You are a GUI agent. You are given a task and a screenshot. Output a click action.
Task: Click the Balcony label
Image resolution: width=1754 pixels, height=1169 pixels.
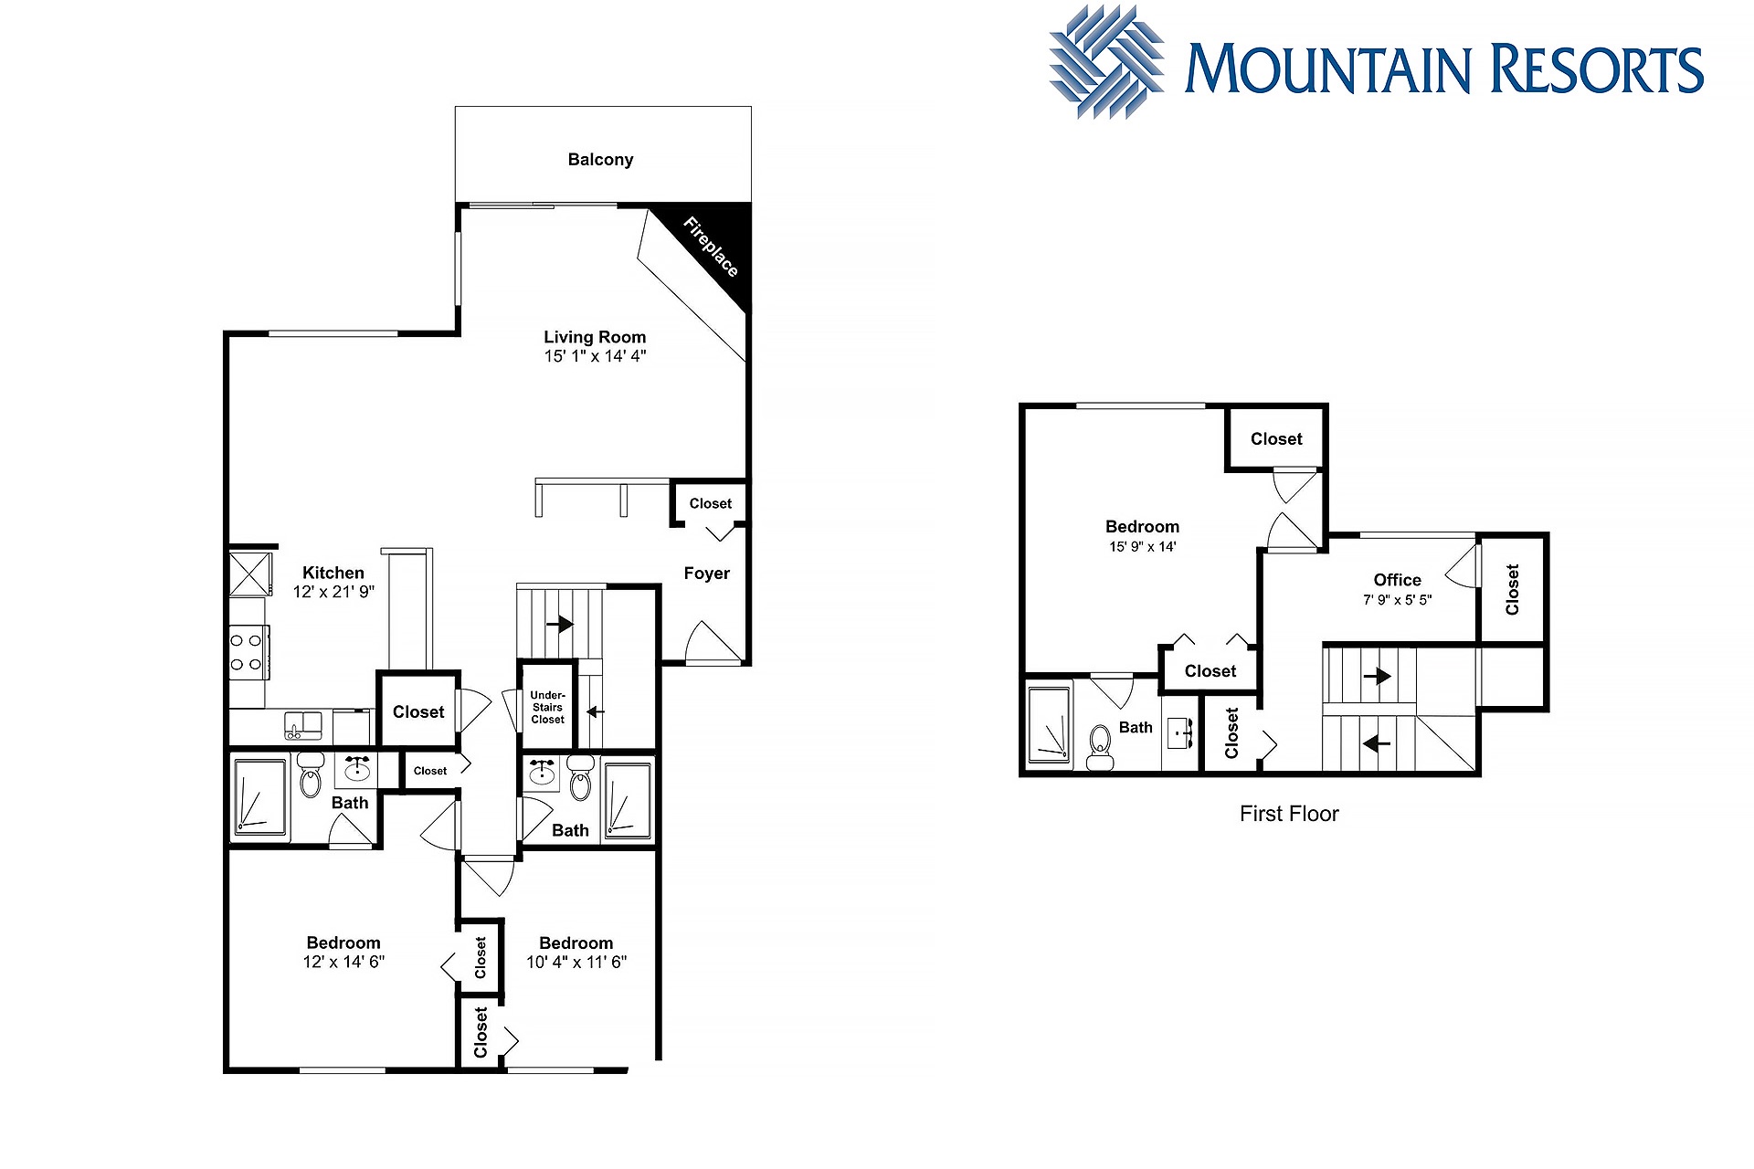600,160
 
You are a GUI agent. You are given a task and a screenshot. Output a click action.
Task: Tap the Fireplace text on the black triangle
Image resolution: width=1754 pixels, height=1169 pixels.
711,247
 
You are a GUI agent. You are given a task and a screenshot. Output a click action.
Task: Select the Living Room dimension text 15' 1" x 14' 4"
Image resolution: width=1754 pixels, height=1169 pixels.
595,356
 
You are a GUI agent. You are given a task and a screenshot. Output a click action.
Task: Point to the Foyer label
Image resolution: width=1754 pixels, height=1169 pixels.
707,574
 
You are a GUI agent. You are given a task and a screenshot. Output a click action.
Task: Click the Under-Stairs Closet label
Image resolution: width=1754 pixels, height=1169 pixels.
548,707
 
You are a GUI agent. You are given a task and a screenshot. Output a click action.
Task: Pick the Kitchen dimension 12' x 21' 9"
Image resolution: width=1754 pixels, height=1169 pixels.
333,592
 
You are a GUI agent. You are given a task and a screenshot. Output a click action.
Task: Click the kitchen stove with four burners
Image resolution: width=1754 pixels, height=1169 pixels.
248,652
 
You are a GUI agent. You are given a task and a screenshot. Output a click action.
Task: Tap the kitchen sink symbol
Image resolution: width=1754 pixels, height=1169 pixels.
303,725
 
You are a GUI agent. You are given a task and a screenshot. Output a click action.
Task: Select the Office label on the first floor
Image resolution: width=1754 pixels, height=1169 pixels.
1397,580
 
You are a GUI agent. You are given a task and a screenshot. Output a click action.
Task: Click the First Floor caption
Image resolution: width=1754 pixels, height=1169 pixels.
1289,814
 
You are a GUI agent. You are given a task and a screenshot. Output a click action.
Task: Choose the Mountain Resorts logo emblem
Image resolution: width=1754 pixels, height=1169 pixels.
1107,62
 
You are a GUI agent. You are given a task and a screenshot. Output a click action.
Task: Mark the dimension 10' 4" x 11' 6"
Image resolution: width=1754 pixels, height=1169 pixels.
576,962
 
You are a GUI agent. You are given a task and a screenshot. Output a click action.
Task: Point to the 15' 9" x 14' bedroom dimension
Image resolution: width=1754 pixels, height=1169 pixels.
1143,547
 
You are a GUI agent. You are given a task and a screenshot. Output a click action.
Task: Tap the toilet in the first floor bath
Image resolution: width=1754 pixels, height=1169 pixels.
1100,748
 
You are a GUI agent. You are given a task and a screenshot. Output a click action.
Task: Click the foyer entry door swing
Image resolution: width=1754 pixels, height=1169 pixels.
713,641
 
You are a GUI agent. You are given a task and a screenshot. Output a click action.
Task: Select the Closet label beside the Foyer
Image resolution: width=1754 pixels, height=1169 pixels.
711,503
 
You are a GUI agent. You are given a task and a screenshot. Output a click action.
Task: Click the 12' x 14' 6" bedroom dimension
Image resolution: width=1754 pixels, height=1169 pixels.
343,962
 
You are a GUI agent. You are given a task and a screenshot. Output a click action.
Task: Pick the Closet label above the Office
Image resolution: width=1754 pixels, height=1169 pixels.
1276,439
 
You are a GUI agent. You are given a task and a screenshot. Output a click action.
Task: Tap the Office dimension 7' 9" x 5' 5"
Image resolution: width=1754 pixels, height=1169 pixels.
1398,600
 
